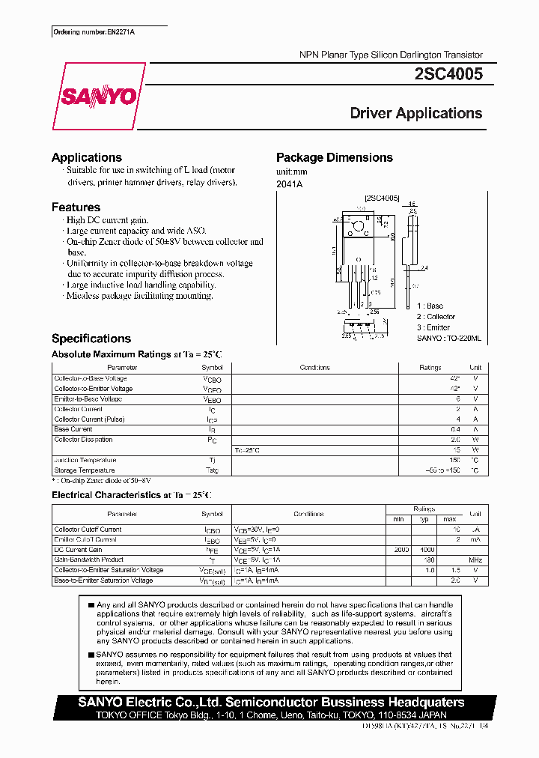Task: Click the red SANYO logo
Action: coord(98,97)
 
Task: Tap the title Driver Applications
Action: coord(415,114)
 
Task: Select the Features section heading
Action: coord(76,207)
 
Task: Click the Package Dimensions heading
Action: coord(334,157)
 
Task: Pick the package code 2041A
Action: coord(289,184)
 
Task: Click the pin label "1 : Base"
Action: coord(430,306)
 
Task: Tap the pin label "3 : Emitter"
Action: coord(433,327)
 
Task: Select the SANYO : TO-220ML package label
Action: coord(448,339)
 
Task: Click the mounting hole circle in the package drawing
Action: coord(358,226)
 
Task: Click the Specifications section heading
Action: coord(91,339)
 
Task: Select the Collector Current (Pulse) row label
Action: coord(89,419)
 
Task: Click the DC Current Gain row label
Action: coord(79,550)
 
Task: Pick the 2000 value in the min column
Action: coord(401,550)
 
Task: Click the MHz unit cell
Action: coord(475,560)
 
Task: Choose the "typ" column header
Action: coord(424,519)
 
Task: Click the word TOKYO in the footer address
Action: coord(115,715)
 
